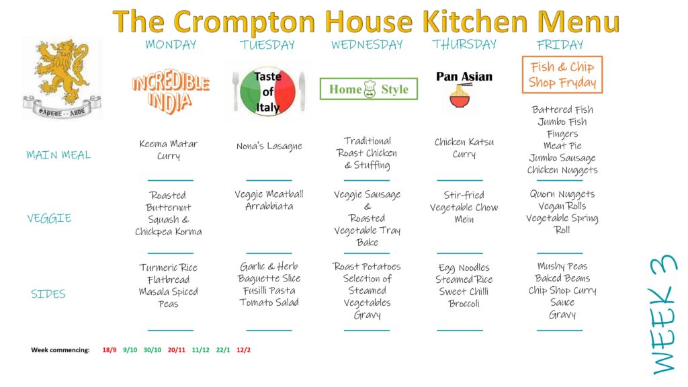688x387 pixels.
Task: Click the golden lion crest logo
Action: [x=62, y=79]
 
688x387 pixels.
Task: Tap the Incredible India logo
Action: [x=170, y=91]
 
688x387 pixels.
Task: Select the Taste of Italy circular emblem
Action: [x=267, y=91]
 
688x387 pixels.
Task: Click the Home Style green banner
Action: [x=369, y=89]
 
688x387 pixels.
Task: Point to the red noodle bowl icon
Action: [x=460, y=97]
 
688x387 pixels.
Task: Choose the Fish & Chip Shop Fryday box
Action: [x=562, y=75]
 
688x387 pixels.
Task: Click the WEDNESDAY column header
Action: [x=367, y=45]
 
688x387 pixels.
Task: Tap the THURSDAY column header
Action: [x=464, y=44]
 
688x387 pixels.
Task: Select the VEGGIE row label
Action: [x=49, y=218]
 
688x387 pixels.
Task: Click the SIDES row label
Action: [x=48, y=294]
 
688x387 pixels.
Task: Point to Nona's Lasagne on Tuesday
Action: [x=269, y=146]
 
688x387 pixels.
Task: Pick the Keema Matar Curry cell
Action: [x=169, y=150]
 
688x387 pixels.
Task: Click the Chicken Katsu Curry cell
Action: [x=464, y=148]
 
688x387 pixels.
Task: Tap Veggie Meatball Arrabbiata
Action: [x=269, y=200]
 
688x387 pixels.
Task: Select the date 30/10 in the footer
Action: [x=153, y=350]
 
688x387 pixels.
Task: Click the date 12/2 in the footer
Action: [x=243, y=350]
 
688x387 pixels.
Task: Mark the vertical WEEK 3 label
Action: [x=662, y=314]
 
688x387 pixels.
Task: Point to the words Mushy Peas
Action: [x=562, y=266]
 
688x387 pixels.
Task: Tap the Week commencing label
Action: [x=60, y=350]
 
